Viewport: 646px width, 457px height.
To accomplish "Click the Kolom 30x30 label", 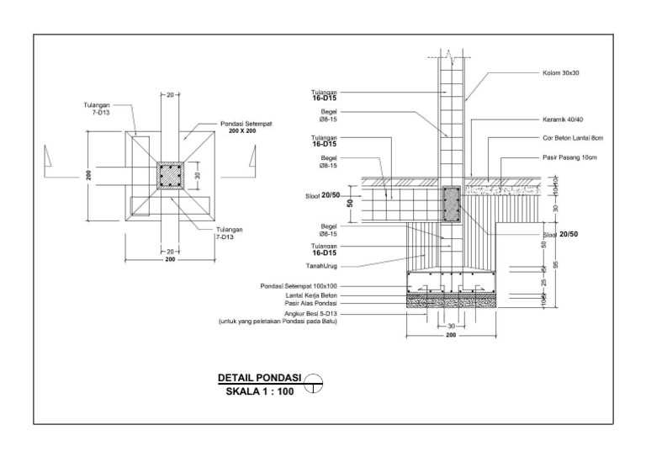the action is pos(561,73).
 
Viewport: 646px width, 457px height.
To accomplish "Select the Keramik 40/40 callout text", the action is pos(563,120).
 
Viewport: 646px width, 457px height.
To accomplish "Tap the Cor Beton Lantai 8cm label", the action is pos(573,138).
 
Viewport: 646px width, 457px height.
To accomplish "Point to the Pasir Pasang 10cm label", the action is pos(569,157).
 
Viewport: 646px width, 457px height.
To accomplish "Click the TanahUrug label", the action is pos(321,266).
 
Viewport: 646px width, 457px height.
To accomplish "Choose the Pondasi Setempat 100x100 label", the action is pos(299,286).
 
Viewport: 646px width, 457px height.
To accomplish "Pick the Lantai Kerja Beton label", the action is pos(311,295).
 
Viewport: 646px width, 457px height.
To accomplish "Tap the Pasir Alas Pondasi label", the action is pos(310,303).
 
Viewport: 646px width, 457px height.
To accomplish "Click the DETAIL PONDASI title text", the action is pos(260,378).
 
